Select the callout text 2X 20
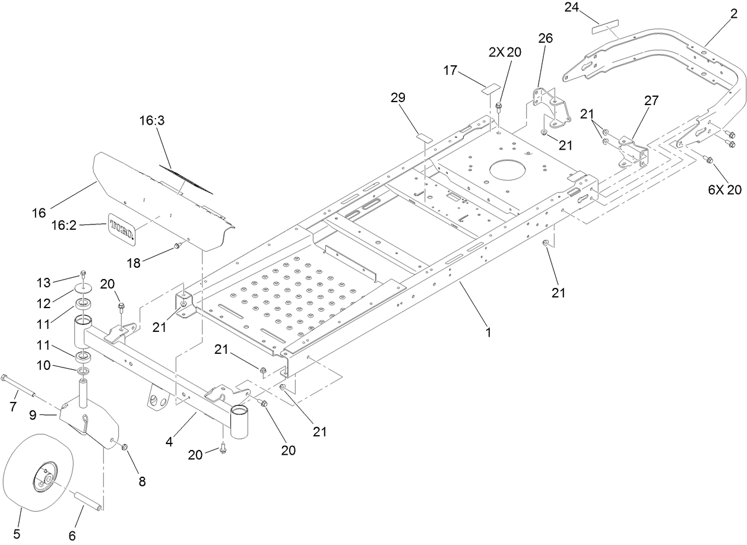505,52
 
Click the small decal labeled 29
424,137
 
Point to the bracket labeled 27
633,149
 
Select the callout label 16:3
153,120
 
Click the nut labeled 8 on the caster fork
125,446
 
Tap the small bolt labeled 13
84,275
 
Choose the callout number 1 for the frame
488,334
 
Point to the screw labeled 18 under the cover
176,246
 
